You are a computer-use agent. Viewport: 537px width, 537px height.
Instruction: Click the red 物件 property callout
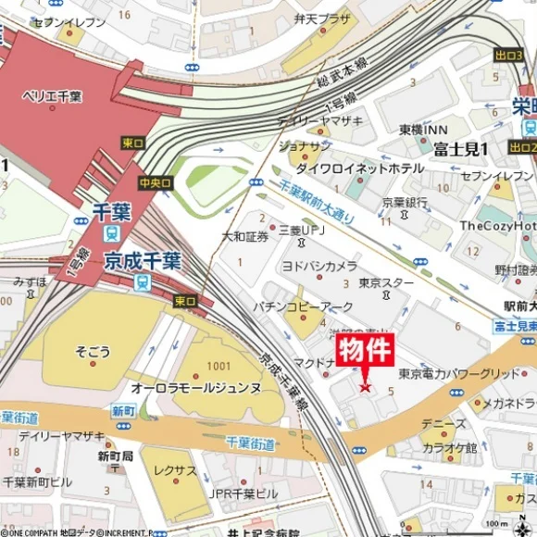tap(367, 353)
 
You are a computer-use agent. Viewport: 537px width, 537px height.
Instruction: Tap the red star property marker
tap(365, 387)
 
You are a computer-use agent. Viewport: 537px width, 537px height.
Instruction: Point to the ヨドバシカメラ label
tap(319, 266)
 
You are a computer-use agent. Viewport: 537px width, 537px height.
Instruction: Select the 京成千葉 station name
tap(142, 260)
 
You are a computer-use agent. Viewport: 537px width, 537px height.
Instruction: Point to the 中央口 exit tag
tap(156, 182)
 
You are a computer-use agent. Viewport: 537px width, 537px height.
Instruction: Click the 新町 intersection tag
tap(123, 409)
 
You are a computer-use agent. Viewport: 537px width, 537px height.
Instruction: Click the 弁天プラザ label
tap(320, 19)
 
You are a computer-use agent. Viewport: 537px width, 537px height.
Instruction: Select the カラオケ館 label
tap(449, 447)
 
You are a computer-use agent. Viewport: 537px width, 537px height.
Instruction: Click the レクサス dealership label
tap(174, 469)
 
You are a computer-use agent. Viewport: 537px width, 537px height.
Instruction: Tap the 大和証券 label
tap(244, 237)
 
